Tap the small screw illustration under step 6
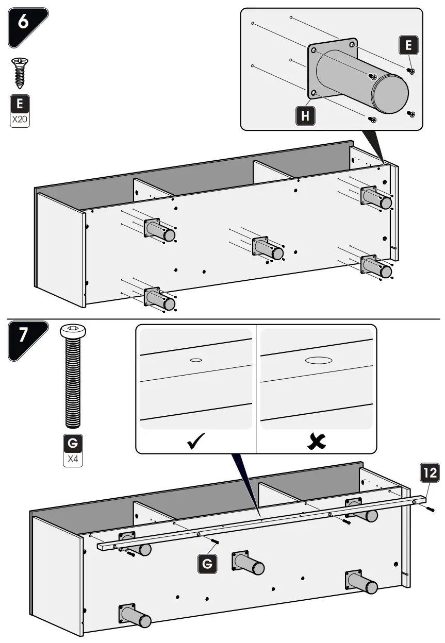[20, 73]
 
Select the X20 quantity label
[20, 120]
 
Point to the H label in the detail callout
[305, 116]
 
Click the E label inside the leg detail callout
[408, 46]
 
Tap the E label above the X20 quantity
[20, 104]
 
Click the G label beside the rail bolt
[207, 564]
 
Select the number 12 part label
[429, 472]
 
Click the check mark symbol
[196, 442]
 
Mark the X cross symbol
[316, 442]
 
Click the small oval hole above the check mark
[195, 360]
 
